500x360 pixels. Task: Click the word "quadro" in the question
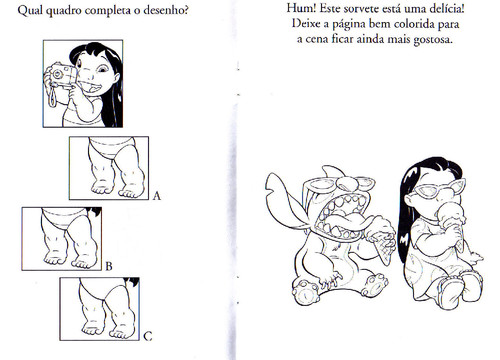(x=63, y=11)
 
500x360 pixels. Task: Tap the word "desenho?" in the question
(x=166, y=10)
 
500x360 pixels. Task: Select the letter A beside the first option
(x=156, y=196)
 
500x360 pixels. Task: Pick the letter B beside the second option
(x=109, y=266)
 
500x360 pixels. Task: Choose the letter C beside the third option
(x=148, y=336)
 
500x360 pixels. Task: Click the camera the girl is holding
(x=63, y=75)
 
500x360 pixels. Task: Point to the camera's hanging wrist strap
(x=52, y=97)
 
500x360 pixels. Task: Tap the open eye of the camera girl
(x=103, y=69)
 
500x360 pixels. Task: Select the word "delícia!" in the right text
(x=447, y=9)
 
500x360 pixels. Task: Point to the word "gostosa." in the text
(x=433, y=40)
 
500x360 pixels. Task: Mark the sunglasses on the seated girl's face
(x=438, y=188)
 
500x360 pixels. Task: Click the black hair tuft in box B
(x=93, y=211)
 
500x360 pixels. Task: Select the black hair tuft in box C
(x=132, y=282)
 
